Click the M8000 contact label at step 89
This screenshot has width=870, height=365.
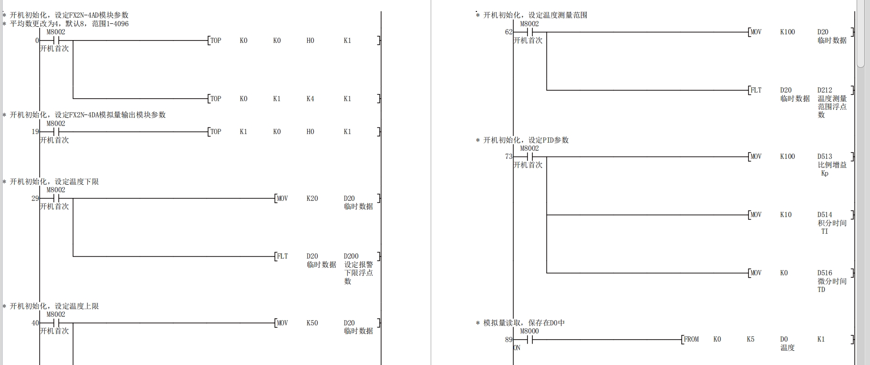coord(529,331)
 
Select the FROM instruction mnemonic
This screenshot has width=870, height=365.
coord(691,339)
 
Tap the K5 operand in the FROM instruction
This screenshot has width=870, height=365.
coord(750,339)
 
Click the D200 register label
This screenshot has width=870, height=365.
coord(351,256)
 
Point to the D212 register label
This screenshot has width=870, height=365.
coord(824,90)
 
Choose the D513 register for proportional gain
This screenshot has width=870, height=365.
coord(824,156)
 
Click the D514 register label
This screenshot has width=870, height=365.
coord(824,215)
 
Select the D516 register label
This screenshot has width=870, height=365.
coord(824,273)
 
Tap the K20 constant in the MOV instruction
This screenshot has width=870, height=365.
coord(312,198)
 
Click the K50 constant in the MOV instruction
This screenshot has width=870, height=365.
coord(312,323)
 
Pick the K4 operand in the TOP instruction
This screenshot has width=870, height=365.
coord(310,99)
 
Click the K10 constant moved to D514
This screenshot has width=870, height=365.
coord(786,215)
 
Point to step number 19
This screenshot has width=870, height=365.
coord(35,132)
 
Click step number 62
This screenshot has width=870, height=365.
coord(508,32)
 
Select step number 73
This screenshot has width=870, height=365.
coord(508,156)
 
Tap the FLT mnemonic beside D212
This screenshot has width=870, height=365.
coord(756,90)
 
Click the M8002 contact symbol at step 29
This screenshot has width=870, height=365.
coord(56,198)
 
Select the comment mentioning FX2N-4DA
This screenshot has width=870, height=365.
coord(88,115)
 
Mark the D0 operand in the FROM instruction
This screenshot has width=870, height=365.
coord(784,339)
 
